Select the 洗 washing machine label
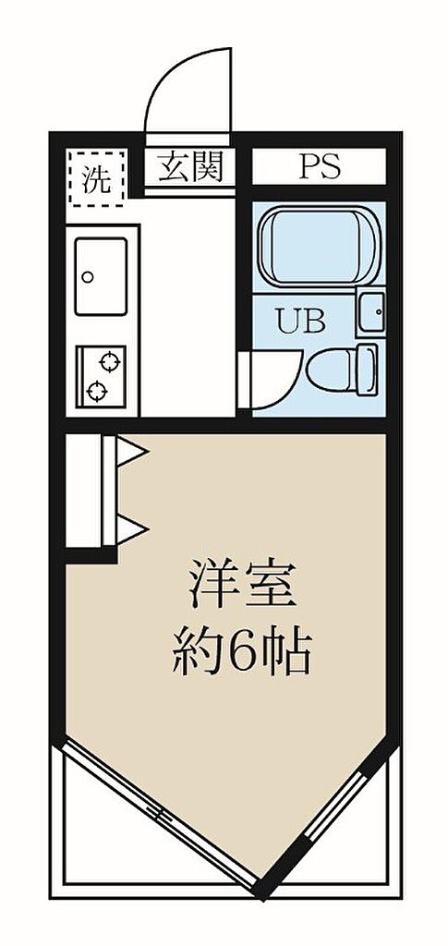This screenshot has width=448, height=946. (x=96, y=178)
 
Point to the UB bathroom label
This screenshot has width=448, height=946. (x=300, y=321)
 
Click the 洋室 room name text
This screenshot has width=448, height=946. (x=242, y=584)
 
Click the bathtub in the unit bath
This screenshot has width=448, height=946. (x=319, y=246)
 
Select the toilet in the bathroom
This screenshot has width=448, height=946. (x=342, y=370)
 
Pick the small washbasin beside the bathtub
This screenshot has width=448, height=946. (x=370, y=312)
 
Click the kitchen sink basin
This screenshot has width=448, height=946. (x=101, y=276)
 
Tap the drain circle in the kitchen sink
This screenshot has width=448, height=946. (x=88, y=277)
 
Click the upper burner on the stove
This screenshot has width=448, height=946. (x=110, y=362)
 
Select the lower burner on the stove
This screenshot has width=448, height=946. (x=96, y=392)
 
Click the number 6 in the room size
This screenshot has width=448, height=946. (x=242, y=652)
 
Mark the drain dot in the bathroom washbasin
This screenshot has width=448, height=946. (x=379, y=312)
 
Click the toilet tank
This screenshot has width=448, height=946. (x=367, y=370)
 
